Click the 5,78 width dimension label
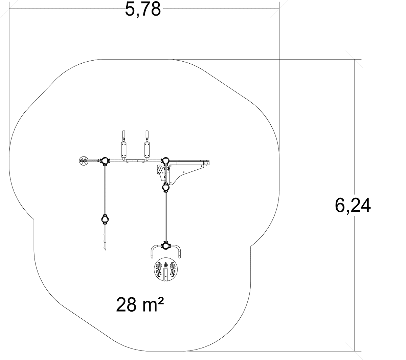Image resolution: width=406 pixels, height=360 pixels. [143, 9]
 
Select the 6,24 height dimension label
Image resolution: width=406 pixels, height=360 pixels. [353, 206]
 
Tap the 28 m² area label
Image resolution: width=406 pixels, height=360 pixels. [140, 304]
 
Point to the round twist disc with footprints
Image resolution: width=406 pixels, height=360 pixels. [166, 269]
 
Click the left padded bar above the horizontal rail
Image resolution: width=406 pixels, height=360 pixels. [123, 150]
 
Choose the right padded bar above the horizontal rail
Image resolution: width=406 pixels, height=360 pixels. [147, 150]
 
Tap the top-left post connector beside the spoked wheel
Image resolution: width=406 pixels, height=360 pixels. [105, 161]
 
